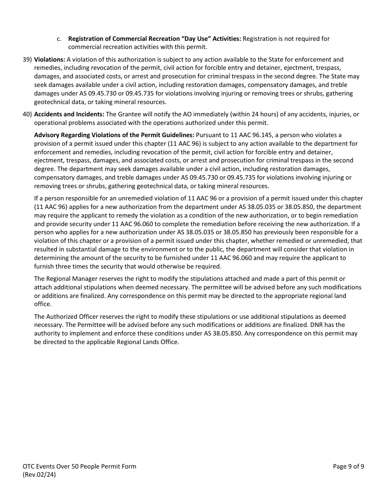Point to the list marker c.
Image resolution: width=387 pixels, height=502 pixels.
pyautogui.click(x=59, y=39)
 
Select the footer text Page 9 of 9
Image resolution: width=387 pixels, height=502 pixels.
pyautogui.click(x=348, y=466)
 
